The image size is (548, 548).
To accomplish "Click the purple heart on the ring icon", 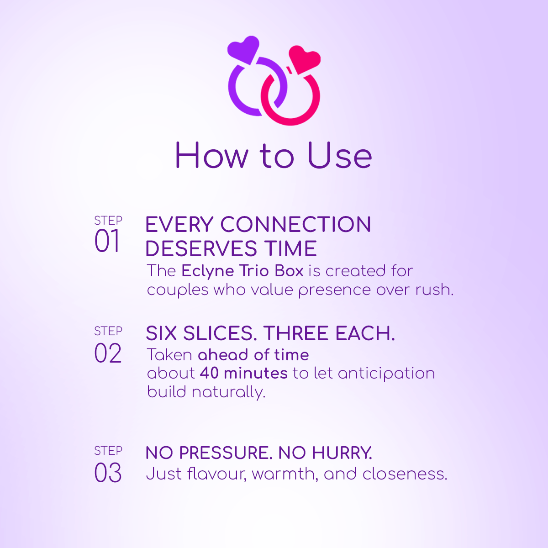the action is coord(244,49).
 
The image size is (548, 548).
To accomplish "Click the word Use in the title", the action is coord(340,156).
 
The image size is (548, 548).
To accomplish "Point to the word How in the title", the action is coord(211,156).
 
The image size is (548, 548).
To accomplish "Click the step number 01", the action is coord(107,241).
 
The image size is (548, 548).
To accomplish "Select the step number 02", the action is coord(108,353).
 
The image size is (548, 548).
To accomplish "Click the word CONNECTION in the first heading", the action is coord(295,224).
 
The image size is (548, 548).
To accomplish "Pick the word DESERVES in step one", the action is coord(201,248).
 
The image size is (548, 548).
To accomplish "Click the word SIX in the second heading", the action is coord(161,333).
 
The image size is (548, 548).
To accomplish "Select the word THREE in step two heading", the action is coord(295,333).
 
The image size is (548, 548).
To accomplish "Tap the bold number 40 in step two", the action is coord(209,373).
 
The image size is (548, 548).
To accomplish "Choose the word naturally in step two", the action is coord(229,393).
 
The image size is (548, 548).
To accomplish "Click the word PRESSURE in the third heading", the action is coord(226,453).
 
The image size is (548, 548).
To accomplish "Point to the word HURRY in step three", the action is coord(342,453).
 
